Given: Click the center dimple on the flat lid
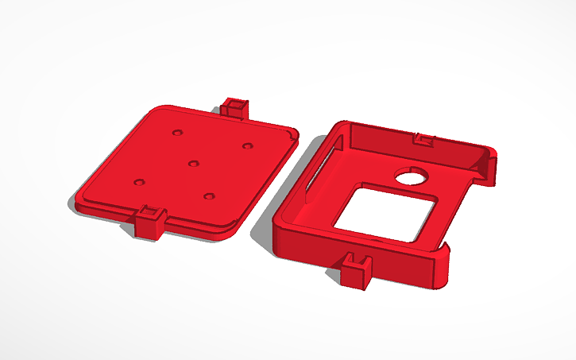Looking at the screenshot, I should (x=193, y=163).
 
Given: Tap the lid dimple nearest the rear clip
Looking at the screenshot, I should (x=248, y=145).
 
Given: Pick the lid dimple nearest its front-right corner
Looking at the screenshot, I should (x=209, y=195).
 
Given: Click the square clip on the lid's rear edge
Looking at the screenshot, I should (x=234, y=107).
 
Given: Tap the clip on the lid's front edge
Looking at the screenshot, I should (x=149, y=222).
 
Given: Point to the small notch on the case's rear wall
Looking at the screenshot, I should (x=424, y=140).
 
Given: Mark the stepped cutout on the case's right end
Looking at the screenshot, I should (x=486, y=168).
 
